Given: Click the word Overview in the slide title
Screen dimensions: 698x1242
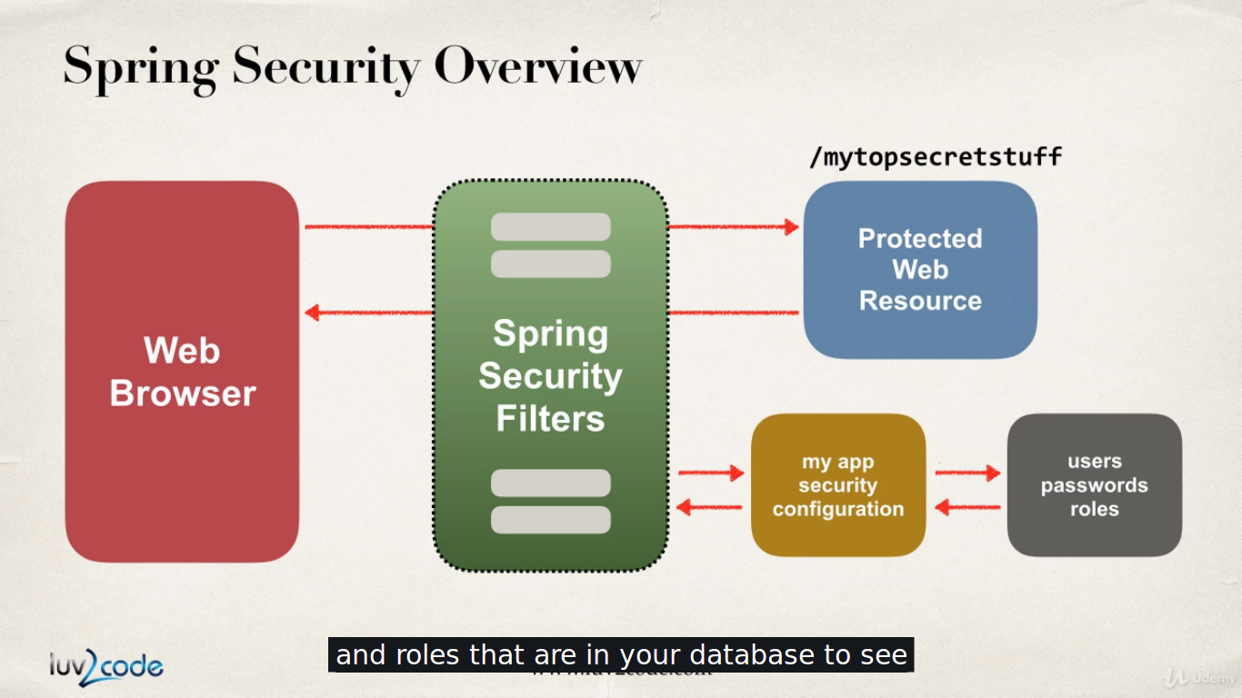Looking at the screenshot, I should pos(538,66).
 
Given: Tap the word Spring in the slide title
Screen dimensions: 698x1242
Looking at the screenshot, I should pos(141,68).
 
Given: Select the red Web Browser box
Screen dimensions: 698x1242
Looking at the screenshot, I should pos(182,372).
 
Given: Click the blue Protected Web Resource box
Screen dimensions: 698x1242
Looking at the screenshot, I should pos(920,269).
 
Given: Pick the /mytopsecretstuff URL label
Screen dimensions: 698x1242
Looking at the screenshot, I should pos(936,157).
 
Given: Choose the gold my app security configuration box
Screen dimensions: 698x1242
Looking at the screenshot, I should pos(838,485).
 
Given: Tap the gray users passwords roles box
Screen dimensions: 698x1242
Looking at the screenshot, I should pos(1095,485).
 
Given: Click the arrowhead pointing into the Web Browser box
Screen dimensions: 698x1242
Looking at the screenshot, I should pos(312,314).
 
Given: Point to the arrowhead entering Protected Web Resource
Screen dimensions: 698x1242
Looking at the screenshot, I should pos(792,226).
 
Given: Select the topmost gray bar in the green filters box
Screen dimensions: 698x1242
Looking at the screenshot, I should pos(551,226).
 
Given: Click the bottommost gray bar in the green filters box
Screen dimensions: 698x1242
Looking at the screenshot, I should pos(551,520).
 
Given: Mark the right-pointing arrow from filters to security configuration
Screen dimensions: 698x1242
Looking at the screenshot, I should pos(711,473).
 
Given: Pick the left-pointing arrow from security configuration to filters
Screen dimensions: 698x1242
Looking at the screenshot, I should pos(709,507).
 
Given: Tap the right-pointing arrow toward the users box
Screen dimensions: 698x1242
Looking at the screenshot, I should pos(967,473).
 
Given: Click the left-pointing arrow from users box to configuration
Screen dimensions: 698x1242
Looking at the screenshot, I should pos(967,507).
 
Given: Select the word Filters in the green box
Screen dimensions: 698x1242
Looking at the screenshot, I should pos(550,419).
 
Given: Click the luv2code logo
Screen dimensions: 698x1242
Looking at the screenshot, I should pos(106,666).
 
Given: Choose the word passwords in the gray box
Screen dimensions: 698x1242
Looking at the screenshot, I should pos(1095,485).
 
